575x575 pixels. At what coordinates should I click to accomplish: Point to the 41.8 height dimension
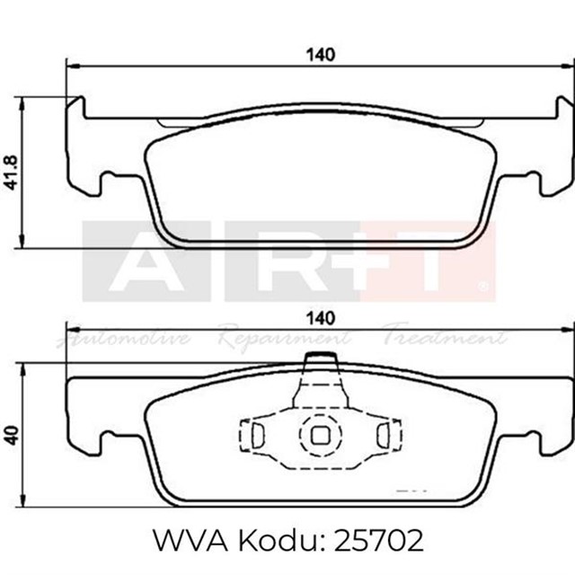[11, 171]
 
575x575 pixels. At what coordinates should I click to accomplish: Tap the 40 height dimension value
[11, 435]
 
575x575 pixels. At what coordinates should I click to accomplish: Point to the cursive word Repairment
[283, 340]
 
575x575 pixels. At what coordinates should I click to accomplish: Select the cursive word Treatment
[445, 340]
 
